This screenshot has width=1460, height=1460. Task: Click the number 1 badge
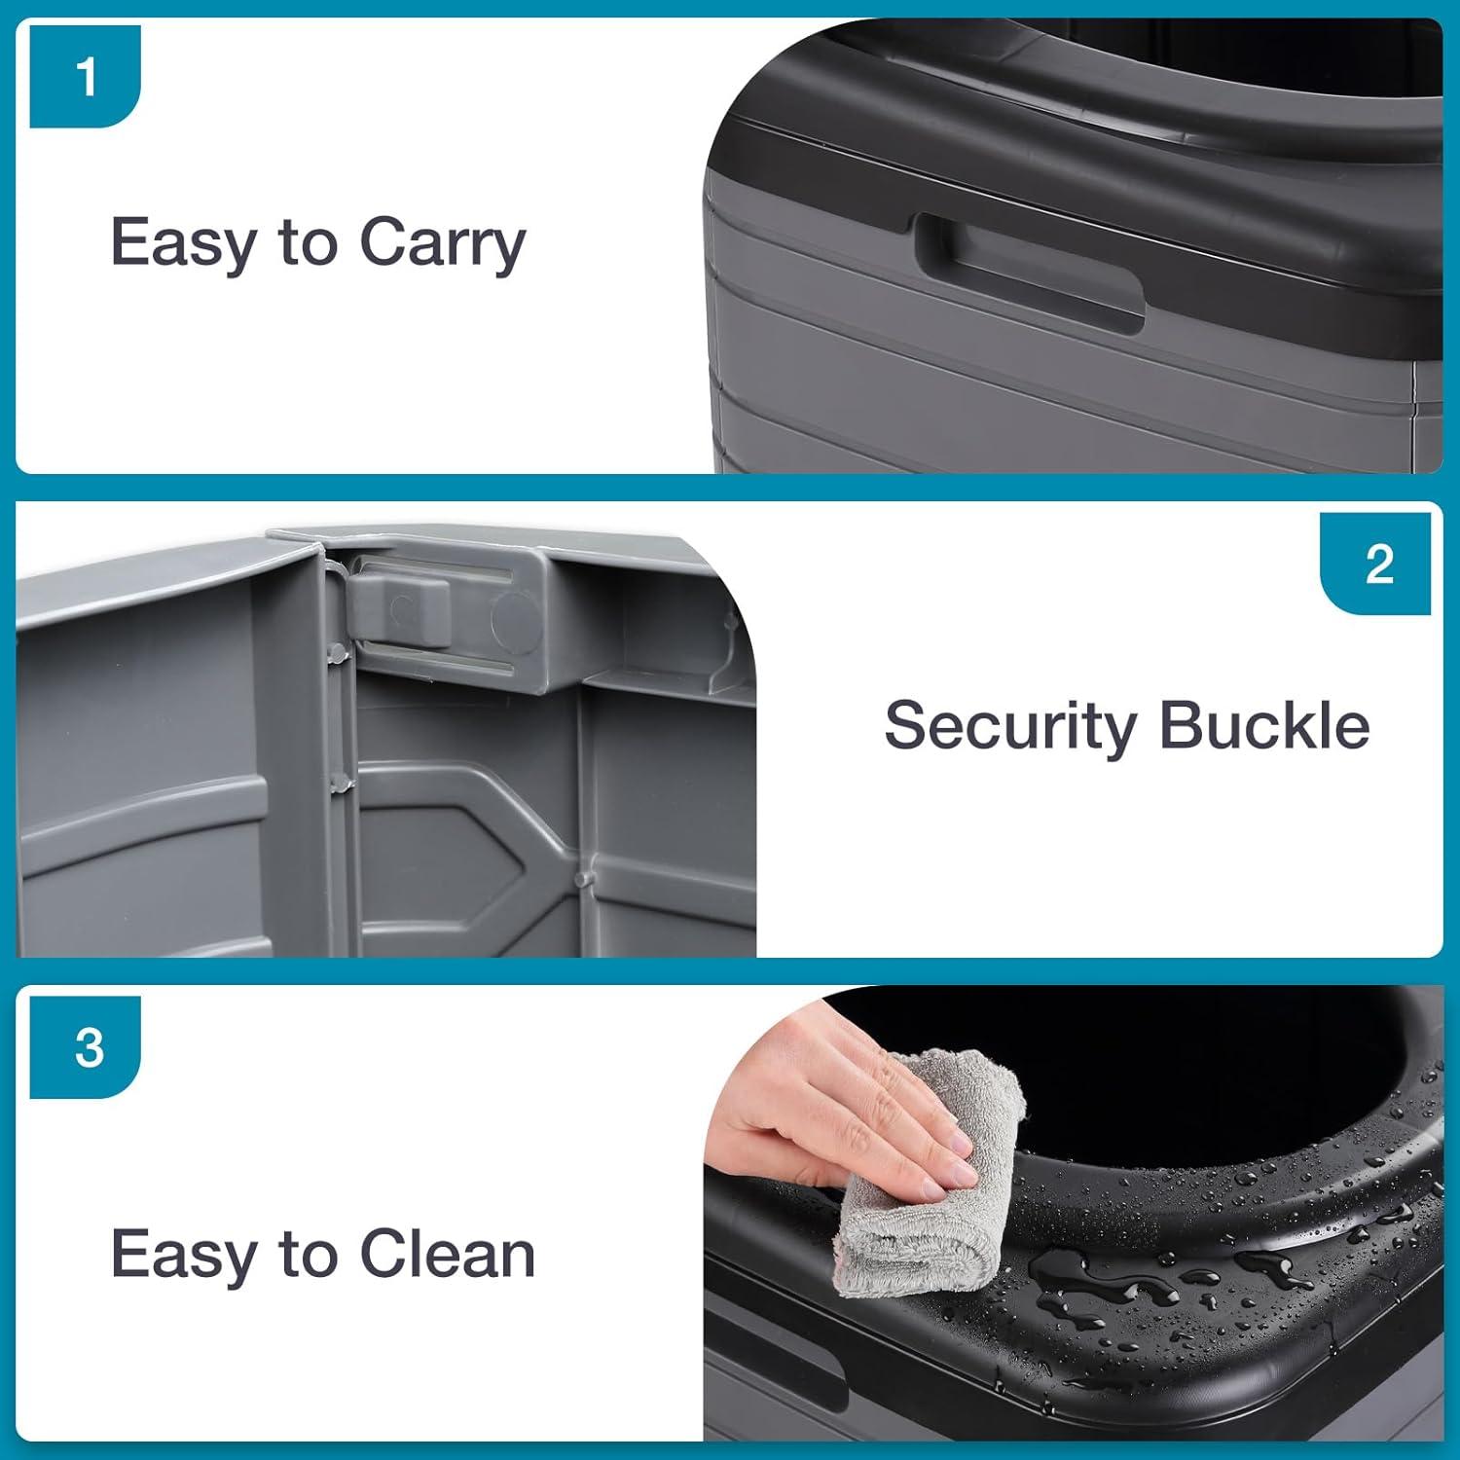coord(86,77)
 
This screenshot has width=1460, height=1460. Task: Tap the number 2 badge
coord(1376,564)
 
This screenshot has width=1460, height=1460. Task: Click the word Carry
coord(443,243)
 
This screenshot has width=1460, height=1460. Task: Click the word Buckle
coord(1264,726)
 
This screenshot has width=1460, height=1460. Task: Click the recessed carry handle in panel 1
coord(1030,273)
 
